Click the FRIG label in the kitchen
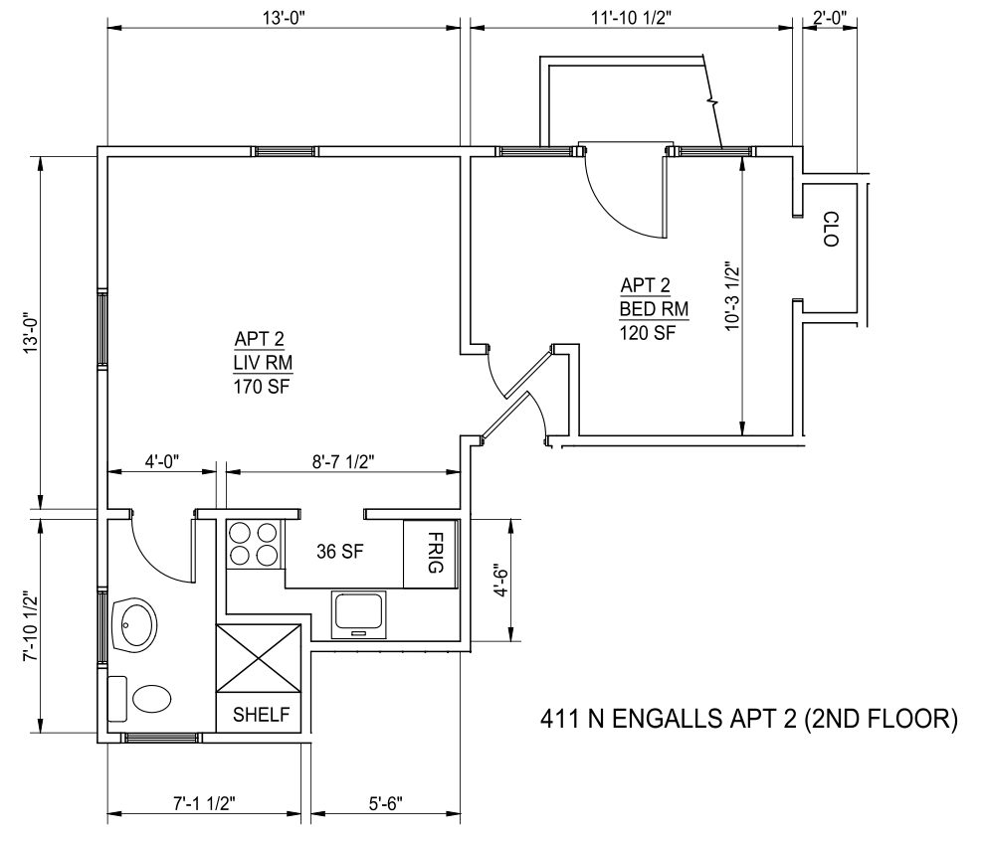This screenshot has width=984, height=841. pyautogui.click(x=436, y=553)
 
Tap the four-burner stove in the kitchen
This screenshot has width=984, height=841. pyautogui.click(x=253, y=545)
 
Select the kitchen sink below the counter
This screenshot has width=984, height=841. pyautogui.click(x=359, y=614)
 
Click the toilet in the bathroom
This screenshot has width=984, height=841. pyautogui.click(x=139, y=698)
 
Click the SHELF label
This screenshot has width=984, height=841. pyautogui.click(x=261, y=715)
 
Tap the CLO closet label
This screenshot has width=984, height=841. pyautogui.click(x=831, y=229)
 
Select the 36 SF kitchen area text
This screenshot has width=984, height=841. pyautogui.click(x=340, y=552)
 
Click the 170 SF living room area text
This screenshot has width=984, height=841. pyautogui.click(x=262, y=387)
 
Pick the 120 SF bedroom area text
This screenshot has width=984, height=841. pyautogui.click(x=648, y=332)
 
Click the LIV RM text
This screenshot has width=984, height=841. pyautogui.click(x=263, y=363)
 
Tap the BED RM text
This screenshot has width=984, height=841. pyautogui.click(x=654, y=308)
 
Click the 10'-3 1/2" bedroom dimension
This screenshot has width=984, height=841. pyautogui.click(x=732, y=296)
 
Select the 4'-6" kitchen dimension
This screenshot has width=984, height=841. pyautogui.click(x=500, y=580)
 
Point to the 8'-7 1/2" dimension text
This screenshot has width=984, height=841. pyautogui.click(x=343, y=461)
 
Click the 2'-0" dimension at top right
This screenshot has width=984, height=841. pyautogui.click(x=830, y=18)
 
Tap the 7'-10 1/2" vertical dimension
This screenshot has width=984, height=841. pyautogui.click(x=31, y=625)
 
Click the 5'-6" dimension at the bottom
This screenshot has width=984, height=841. pyautogui.click(x=385, y=803)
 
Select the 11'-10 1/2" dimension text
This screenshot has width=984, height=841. pyautogui.click(x=632, y=18)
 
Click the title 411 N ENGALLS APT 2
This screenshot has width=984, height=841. pyautogui.click(x=748, y=719)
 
